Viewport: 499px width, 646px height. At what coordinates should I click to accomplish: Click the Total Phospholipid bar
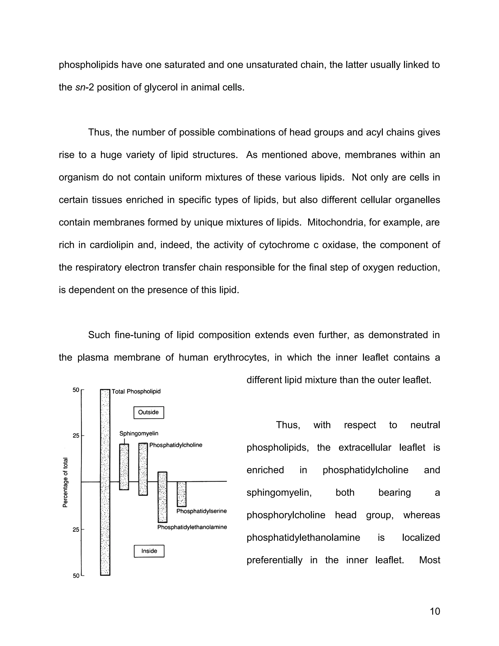point(105,482)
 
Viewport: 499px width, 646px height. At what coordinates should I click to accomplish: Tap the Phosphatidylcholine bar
point(143,469)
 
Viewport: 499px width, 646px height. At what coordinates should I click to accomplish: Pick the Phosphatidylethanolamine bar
point(162,497)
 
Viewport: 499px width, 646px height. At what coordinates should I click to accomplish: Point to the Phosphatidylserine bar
point(182,494)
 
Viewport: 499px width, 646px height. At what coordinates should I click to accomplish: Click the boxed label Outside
point(149,412)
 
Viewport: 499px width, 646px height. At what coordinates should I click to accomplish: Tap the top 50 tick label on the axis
point(76,390)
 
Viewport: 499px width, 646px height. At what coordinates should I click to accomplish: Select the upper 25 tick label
point(76,436)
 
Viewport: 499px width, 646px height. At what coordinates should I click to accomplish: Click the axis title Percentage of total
point(65,482)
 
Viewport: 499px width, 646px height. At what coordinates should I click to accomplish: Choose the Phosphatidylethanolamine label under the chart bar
point(192,527)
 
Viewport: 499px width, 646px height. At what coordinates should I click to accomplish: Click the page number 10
point(435,611)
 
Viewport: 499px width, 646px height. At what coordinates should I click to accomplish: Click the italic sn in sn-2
point(78,87)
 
